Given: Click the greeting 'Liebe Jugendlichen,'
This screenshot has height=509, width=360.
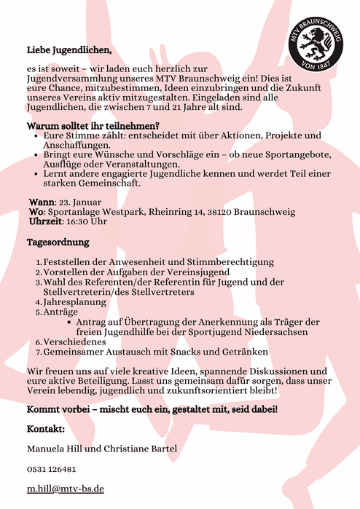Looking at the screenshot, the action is pos(69,50).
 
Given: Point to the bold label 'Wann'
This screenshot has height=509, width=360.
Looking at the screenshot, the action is pos(42,202).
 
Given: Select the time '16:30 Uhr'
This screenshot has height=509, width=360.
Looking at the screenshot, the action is pos(86,221).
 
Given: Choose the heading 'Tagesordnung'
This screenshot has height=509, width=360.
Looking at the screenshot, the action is pos(58,241).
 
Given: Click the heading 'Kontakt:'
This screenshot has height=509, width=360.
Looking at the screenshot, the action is pos(47,428).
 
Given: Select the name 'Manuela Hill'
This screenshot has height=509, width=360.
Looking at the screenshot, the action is pos(58,448).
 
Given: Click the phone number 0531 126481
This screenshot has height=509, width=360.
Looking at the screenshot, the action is pos(51,469).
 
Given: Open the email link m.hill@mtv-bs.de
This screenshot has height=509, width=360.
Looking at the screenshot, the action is pos(65,489).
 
